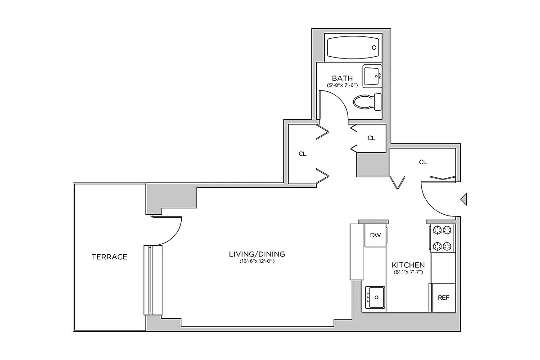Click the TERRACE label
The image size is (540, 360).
pos(109,257)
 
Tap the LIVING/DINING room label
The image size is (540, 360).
pos(257,254)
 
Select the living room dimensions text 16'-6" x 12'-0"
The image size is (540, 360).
pos(257,261)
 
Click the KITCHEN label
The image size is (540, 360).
pos(408,265)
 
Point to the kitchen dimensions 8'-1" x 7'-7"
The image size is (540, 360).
pos(408,272)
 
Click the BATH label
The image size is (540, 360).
pos(342,78)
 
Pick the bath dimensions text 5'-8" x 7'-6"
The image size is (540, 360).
pos(342,85)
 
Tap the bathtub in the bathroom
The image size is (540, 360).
pos(353,47)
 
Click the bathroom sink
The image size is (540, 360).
pos(372,76)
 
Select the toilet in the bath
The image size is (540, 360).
pos(367,102)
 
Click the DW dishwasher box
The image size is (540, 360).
pos(375,235)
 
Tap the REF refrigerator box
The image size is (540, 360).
pos(443,298)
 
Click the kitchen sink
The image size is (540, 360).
pos(375,297)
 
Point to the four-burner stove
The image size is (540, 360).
pos(442,238)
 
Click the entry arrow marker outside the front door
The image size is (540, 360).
pos(464,198)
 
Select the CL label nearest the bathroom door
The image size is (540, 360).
pos(371,138)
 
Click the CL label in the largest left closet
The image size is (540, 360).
pos(302,154)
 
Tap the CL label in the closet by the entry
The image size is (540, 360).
pos(423,162)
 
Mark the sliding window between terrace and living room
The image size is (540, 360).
pos(149,280)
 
